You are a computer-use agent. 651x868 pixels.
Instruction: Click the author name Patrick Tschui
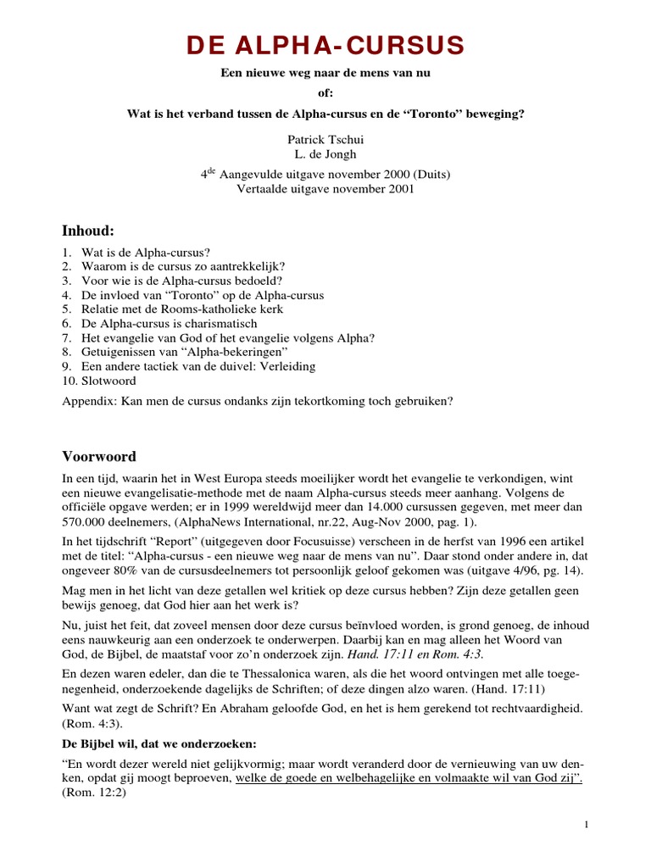[325, 139]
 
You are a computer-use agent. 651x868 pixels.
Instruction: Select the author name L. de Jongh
[325, 154]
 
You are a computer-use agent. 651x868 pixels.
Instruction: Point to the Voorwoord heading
[99, 456]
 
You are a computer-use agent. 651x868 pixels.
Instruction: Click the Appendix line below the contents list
[257, 401]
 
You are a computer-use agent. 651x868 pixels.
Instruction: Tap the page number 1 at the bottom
[587, 824]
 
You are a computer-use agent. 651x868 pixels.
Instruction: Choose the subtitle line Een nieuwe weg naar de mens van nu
[325, 74]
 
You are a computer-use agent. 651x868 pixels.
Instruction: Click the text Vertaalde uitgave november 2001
[325, 190]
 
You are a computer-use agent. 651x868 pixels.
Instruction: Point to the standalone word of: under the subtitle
[325, 94]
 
